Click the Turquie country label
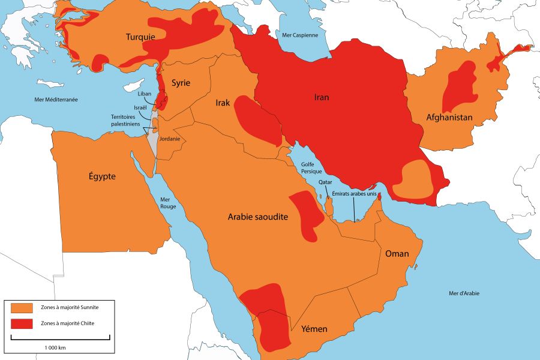tap(140, 37)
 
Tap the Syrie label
tap(181, 83)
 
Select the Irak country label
tap(223, 103)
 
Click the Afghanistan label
tap(450, 118)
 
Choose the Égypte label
tap(102, 176)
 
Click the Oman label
tap(397, 254)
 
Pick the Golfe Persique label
tap(307, 167)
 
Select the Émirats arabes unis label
tap(354, 194)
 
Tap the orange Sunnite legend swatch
tap(22, 308)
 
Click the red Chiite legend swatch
tap(22, 323)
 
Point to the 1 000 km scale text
tap(55, 347)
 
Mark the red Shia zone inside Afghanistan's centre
tap(460, 87)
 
